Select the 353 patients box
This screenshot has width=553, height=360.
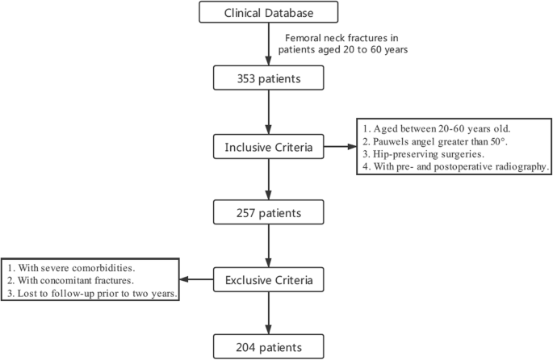click(x=268, y=78)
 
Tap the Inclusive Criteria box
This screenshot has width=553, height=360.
click(x=268, y=147)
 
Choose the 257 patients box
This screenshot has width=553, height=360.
click(x=268, y=213)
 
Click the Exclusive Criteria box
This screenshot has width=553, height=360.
click(x=268, y=281)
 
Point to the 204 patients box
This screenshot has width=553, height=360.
click(x=268, y=347)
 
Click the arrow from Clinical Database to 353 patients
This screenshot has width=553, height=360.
click(x=268, y=44)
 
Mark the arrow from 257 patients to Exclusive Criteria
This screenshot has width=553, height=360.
click(x=268, y=246)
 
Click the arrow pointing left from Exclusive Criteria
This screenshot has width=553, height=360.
click(x=199, y=281)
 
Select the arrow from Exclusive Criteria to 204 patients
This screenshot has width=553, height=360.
click(x=268, y=314)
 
